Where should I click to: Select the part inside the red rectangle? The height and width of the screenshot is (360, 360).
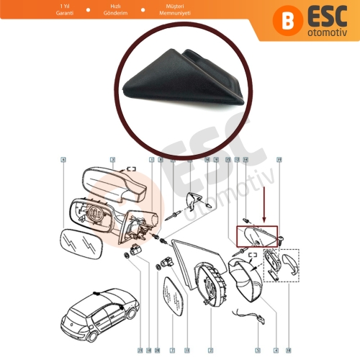pyautogui.click(x=256, y=235)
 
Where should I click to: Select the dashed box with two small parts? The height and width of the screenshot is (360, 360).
pyautogui.click(x=285, y=264)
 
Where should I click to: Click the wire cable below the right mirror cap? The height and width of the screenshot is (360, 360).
pyautogui.click(x=267, y=317)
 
